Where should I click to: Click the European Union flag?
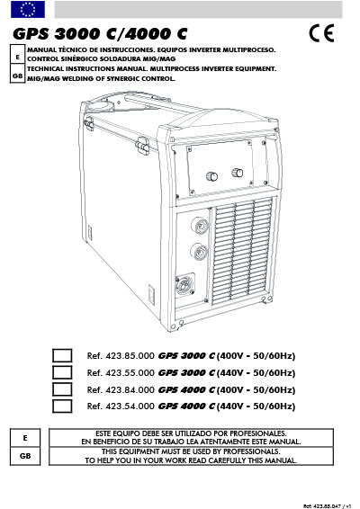(x=28, y=9)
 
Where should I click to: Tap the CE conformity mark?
(x=321, y=33)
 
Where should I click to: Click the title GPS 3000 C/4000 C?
(x=100, y=34)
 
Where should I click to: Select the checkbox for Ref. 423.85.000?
(x=62, y=355)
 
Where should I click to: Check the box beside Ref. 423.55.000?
(x=62, y=372)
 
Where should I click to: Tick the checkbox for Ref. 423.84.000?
(x=62, y=389)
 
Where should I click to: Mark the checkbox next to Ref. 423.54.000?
(x=62, y=406)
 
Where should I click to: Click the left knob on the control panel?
(x=211, y=176)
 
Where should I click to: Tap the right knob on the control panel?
(x=238, y=173)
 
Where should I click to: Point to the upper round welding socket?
(x=200, y=226)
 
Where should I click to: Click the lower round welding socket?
(x=199, y=252)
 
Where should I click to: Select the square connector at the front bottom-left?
(x=185, y=285)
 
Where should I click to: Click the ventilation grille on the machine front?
(x=242, y=251)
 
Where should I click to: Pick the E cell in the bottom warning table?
(x=25, y=438)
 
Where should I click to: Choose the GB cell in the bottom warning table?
(x=25, y=456)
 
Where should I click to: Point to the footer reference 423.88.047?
(x=328, y=506)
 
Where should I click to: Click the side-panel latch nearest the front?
(x=142, y=145)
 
